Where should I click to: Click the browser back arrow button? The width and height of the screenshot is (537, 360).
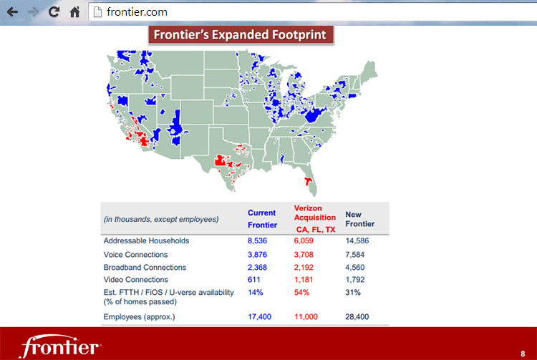(12, 12)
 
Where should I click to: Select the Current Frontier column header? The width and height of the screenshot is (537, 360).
(262, 219)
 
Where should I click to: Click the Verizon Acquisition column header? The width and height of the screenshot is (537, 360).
(315, 213)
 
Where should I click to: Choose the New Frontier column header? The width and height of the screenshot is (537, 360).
(359, 219)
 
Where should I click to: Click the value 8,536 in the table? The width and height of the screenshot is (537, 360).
(258, 240)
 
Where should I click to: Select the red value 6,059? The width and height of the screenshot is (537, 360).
(305, 240)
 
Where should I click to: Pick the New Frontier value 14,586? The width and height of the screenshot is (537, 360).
(357, 240)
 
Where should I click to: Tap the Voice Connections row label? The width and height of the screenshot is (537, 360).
(135, 254)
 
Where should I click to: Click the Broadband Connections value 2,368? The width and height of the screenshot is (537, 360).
(258, 267)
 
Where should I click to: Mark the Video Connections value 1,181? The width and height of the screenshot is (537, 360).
(305, 280)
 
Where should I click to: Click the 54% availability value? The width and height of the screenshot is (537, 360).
(301, 293)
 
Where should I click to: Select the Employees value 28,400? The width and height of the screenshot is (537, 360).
(357, 316)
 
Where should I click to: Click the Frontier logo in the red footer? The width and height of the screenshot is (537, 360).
(59, 346)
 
